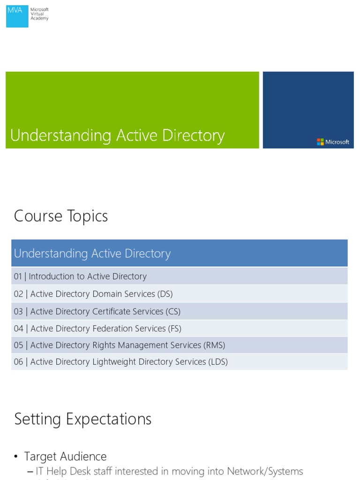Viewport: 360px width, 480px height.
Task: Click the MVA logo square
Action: [17, 16]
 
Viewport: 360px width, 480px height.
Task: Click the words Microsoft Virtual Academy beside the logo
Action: [39, 14]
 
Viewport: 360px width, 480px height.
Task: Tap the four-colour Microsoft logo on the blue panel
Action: [320, 142]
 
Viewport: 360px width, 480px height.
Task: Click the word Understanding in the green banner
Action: [60, 135]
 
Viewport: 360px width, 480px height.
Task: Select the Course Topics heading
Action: [61, 216]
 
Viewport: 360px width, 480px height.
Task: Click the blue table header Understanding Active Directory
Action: [92, 254]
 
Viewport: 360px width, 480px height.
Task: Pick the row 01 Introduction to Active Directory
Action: [80, 277]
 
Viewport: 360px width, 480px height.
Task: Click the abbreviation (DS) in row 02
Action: [165, 294]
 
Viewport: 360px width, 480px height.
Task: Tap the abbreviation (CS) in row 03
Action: [172, 311]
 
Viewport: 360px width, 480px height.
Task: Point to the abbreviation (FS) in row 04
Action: [174, 328]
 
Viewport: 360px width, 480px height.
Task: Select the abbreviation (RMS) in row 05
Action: [215, 345]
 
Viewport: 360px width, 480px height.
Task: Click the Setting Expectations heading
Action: [83, 419]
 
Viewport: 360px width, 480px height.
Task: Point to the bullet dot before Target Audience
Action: [16, 457]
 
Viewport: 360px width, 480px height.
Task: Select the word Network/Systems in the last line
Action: [265, 471]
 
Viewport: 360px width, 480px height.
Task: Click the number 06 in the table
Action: [18, 362]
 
